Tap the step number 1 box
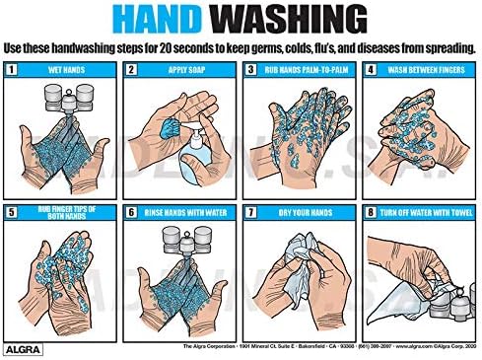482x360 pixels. coord(13,70)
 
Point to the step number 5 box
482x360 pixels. coord(13,210)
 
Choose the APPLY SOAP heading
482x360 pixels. coord(185,70)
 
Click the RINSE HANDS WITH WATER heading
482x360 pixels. coord(185,210)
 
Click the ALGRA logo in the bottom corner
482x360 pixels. coord(21,346)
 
